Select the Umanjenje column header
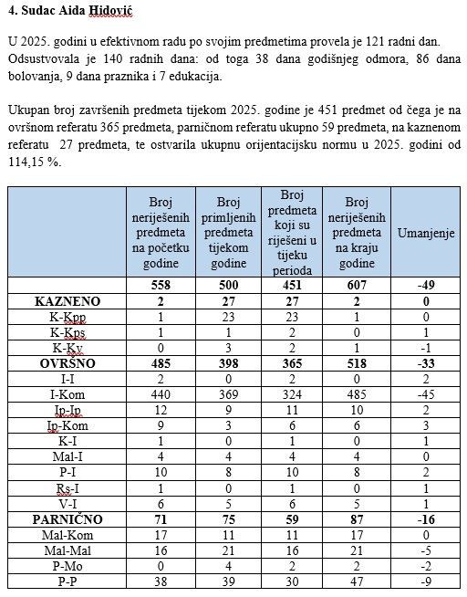click(x=426, y=233)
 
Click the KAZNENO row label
click(x=67, y=301)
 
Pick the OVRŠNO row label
click(x=67, y=363)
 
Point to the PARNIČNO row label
click(x=67, y=518)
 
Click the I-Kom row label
click(x=67, y=394)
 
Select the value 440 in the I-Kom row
click(x=160, y=394)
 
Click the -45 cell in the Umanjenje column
click(x=426, y=394)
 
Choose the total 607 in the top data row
click(x=358, y=286)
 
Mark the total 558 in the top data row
click(x=160, y=286)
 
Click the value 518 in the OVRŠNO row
click(x=358, y=363)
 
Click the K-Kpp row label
click(x=67, y=317)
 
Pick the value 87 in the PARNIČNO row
click(x=358, y=518)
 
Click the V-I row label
click(x=67, y=502)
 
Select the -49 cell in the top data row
click(x=426, y=286)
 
